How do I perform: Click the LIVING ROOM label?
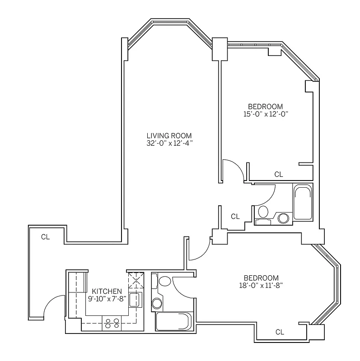169,135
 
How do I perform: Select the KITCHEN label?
107,291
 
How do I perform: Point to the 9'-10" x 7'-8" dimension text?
107,299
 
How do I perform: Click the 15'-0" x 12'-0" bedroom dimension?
266,114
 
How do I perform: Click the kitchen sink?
135,300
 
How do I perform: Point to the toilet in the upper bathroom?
262,213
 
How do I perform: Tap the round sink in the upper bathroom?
284,218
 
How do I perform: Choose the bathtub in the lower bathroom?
173,322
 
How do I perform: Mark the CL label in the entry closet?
45,236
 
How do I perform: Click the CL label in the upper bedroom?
279,174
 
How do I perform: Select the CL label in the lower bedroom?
280,332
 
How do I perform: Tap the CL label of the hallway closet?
235,217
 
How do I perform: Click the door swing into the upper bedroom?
235,169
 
